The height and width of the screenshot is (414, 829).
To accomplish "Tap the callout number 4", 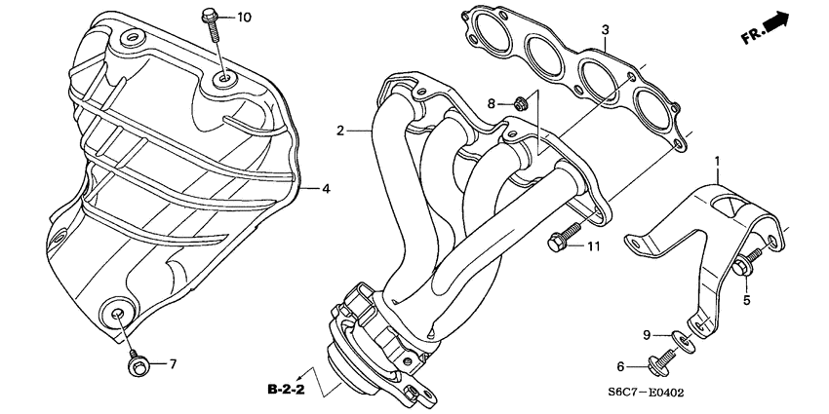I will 327,188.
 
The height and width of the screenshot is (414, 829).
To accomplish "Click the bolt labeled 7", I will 136,364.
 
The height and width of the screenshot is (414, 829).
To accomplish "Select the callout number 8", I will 493,103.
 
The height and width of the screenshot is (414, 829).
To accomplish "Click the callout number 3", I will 605,29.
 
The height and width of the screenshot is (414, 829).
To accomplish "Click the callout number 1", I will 717,161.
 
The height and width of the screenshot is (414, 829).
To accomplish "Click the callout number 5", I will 747,300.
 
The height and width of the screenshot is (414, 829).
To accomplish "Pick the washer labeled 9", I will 686,341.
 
